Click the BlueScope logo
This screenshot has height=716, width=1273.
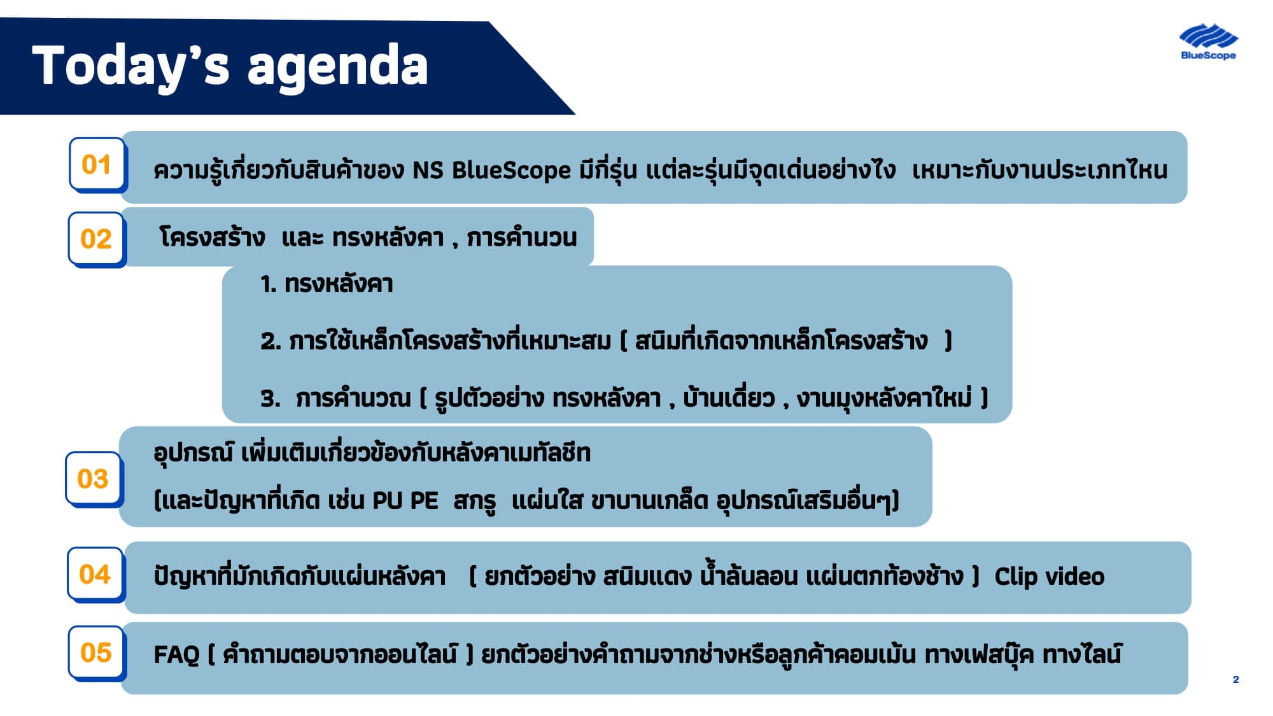pos(1207,42)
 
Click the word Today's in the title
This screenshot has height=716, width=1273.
pos(130,66)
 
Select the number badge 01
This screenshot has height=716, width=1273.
pos(97,165)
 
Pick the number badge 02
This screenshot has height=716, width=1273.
pos(96,239)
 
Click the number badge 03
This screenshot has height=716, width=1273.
pos(93,479)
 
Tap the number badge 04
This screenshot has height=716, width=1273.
pos(95,574)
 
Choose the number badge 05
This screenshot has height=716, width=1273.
pos(96,652)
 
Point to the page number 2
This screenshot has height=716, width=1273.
pos(1235,680)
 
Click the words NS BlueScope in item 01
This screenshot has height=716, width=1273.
pos(491,171)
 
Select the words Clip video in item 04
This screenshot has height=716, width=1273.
pos(1049,577)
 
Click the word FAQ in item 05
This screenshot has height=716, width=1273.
pos(176,654)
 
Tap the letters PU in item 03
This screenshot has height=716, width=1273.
pos(387,501)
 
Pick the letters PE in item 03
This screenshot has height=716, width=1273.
pos(424,501)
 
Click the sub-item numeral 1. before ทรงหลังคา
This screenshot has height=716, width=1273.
pos(268,284)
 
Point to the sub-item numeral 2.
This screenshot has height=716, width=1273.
pos(270,342)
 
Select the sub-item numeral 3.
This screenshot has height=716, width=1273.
pos(270,399)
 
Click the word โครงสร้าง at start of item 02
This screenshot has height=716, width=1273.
pos(212,237)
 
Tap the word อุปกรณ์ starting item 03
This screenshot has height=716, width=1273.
pos(193,453)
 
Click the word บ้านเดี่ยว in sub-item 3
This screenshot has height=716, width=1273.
pos(729,399)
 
